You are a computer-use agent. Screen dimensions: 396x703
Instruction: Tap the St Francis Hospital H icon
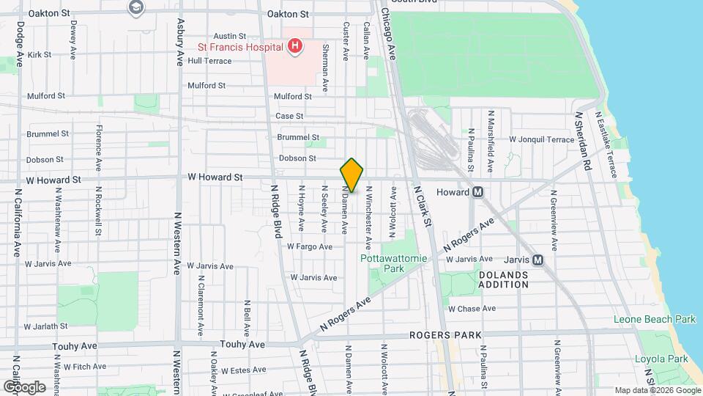(x=294, y=47)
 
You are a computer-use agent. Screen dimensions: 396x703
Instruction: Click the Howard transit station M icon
(x=477, y=192)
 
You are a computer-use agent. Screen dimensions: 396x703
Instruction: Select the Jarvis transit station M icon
(x=538, y=260)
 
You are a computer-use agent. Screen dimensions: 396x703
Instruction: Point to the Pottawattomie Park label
(x=382, y=263)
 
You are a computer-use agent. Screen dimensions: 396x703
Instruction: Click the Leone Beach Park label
(x=655, y=320)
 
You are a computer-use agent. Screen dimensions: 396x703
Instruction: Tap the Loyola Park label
(x=662, y=359)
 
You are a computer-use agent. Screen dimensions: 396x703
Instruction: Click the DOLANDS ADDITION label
(x=503, y=279)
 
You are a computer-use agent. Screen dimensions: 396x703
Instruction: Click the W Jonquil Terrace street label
(x=542, y=139)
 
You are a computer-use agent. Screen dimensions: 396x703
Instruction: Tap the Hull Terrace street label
(x=209, y=61)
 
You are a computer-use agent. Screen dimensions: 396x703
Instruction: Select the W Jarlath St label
(x=46, y=326)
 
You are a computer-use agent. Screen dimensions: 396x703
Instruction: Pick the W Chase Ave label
(x=472, y=309)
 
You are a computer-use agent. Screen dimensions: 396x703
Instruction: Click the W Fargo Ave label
(x=310, y=247)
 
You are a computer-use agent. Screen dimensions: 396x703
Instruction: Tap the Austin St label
(x=229, y=36)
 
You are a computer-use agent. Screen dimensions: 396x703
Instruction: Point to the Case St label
(x=289, y=117)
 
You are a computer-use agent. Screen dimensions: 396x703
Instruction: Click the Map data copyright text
(x=656, y=390)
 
